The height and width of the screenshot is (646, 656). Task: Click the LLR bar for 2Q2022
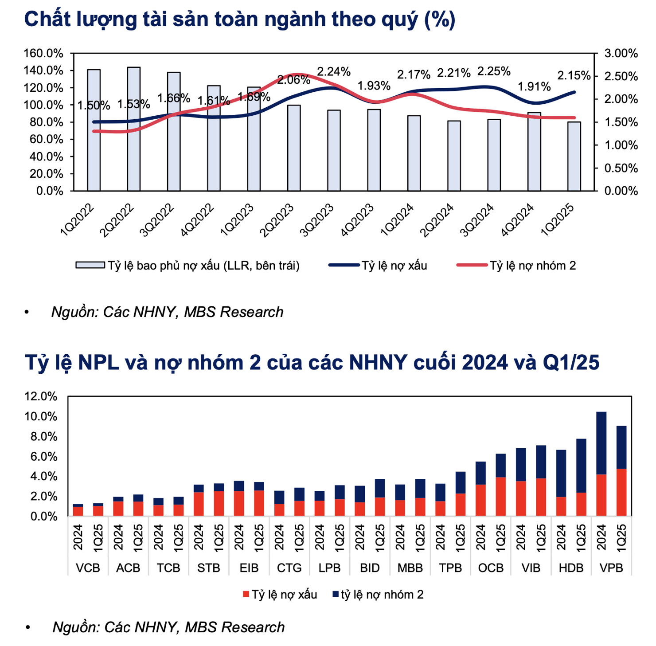134,129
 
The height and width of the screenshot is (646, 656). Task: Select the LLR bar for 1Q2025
574,156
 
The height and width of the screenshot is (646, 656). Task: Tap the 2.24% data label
333,72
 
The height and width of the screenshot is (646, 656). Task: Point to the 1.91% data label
535,86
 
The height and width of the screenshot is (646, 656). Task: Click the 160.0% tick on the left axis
43,54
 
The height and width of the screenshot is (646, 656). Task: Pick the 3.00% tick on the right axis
621,54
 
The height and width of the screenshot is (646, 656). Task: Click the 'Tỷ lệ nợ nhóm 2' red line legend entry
516,266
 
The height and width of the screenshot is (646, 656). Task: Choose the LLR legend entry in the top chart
188,266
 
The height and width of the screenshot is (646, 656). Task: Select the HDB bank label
571,568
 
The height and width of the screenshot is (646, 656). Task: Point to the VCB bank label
88,568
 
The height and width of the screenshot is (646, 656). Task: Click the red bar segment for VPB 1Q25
621,492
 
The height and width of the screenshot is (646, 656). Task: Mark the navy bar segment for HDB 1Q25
581,466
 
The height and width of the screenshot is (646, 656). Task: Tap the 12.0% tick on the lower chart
41,397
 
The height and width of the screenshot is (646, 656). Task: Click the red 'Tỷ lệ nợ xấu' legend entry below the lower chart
280,595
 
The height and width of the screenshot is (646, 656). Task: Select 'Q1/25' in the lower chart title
571,363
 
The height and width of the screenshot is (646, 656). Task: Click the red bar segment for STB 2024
199,504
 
